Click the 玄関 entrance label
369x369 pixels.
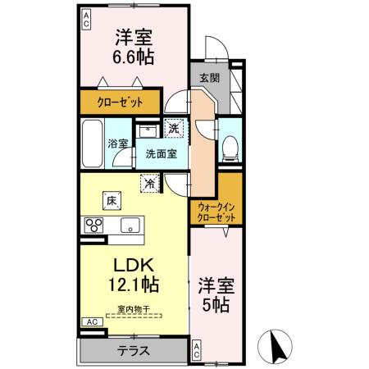click(210, 79)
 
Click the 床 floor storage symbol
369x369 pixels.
click(110, 198)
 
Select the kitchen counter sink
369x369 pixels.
click(129, 225)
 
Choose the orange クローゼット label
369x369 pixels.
click(122, 102)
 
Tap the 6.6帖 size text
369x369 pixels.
click(134, 59)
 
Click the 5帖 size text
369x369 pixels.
click(217, 306)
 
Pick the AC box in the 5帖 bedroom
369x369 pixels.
click(197, 351)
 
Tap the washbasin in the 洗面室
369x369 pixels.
click(148, 130)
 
